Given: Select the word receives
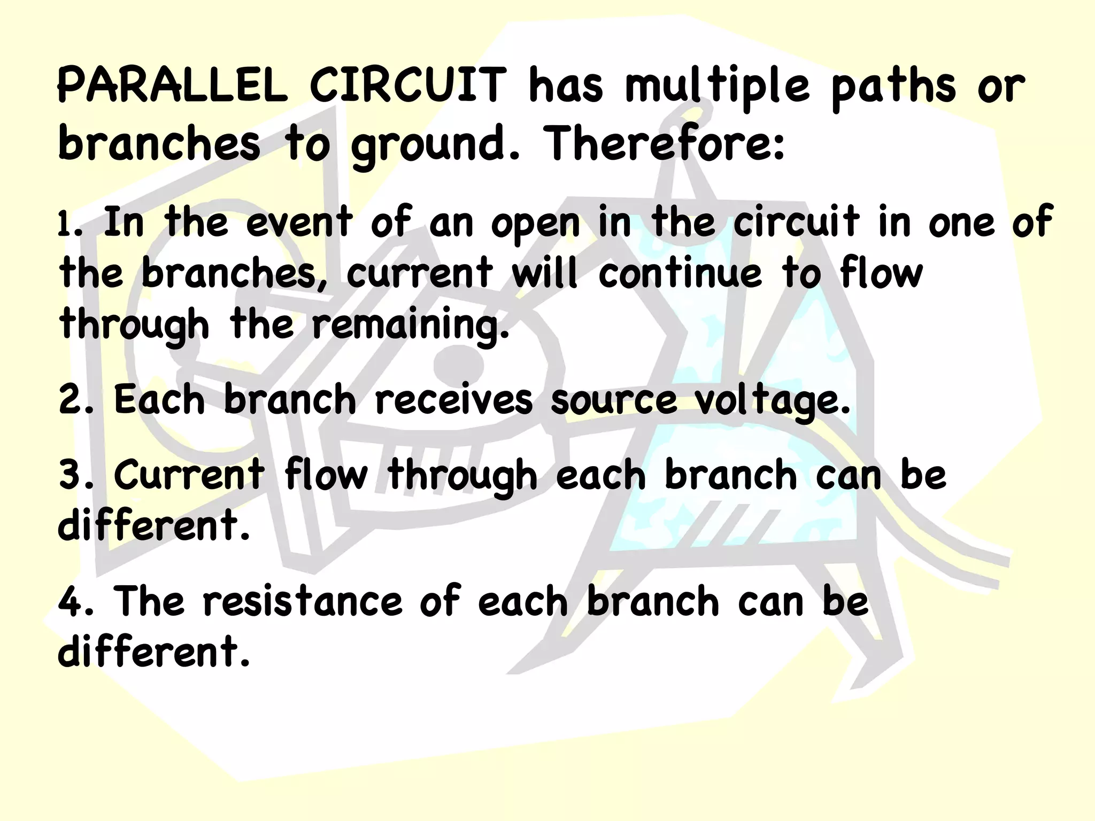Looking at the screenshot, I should pos(453,401).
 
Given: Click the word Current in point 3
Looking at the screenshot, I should pos(189,475).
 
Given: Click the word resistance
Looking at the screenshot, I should pos(302,602).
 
